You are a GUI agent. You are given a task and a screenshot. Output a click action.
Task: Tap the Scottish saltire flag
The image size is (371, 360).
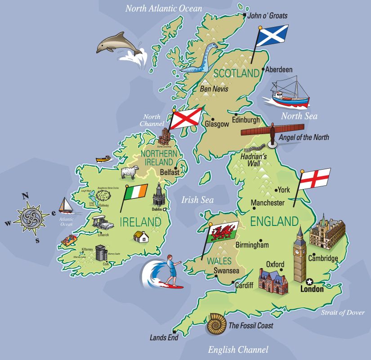pos(273,36)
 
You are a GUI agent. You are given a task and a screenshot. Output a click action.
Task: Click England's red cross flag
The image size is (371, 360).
pos(315,178)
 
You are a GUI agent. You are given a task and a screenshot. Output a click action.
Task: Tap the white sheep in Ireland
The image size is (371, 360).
pos(130,172)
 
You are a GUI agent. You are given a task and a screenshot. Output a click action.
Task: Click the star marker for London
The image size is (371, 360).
pos(309,282)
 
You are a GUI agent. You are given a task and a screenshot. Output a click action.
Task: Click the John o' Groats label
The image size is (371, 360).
pos(268,16)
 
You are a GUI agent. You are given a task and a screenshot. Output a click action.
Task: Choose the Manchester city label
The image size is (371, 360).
pos(268,203)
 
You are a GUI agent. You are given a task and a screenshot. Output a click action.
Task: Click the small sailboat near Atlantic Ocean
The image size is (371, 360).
pos(66,206)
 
